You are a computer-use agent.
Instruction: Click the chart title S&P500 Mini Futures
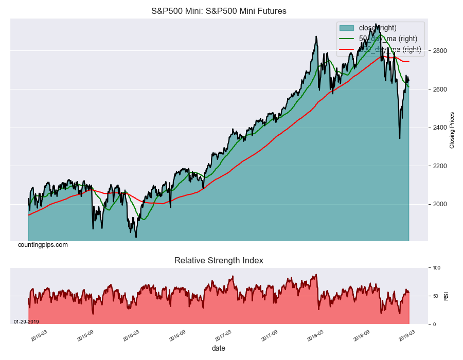[x=219, y=11]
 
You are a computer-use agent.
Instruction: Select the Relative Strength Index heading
[x=219, y=261]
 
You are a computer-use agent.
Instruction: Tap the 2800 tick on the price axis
[x=439, y=51]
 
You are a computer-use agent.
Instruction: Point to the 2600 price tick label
[x=439, y=89]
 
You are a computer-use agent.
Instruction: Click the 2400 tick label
[x=439, y=128]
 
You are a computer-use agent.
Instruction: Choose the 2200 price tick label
[x=439, y=166]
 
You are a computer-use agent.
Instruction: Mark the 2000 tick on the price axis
[x=439, y=204]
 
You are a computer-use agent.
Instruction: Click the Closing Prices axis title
[x=452, y=130]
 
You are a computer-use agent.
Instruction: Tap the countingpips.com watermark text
[x=43, y=245]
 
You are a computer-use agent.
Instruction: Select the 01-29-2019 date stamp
[x=26, y=321]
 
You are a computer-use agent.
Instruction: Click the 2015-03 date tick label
[x=39, y=335]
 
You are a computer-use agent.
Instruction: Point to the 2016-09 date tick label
[x=177, y=335]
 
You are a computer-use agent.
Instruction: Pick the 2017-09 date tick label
[x=270, y=335]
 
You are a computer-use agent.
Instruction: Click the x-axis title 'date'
[x=219, y=348]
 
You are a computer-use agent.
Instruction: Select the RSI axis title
[x=446, y=296]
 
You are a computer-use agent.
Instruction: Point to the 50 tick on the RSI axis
[x=436, y=296]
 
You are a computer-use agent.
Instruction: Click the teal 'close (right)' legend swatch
[x=347, y=28]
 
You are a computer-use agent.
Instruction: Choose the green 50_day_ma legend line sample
[x=347, y=39]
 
